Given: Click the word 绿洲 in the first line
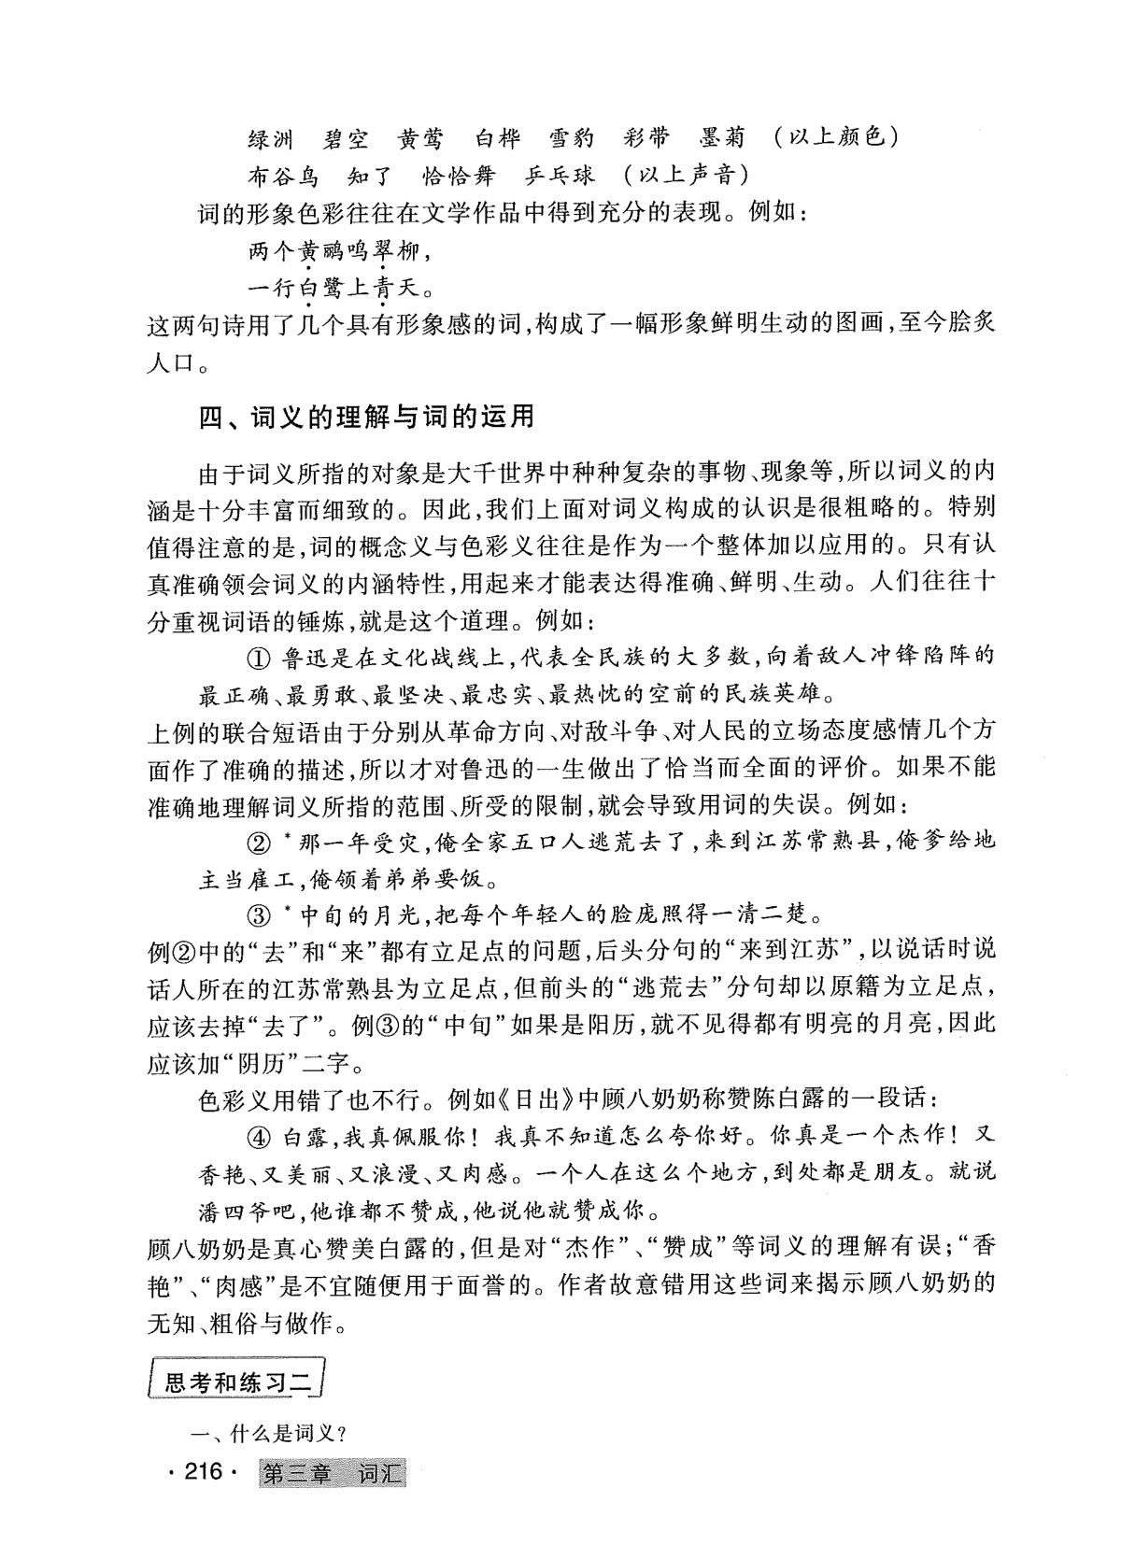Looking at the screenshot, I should (271, 139).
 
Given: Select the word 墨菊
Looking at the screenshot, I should (723, 138).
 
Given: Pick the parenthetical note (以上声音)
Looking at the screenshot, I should (687, 176).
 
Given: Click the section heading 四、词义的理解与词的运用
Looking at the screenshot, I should (366, 416).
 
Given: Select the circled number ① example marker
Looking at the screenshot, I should (259, 657).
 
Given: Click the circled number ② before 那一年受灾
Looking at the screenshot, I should (259, 842).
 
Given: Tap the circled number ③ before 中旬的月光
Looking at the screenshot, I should (259, 914).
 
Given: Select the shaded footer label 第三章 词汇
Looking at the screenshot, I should (332, 1474).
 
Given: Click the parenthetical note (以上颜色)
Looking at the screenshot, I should (836, 138).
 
